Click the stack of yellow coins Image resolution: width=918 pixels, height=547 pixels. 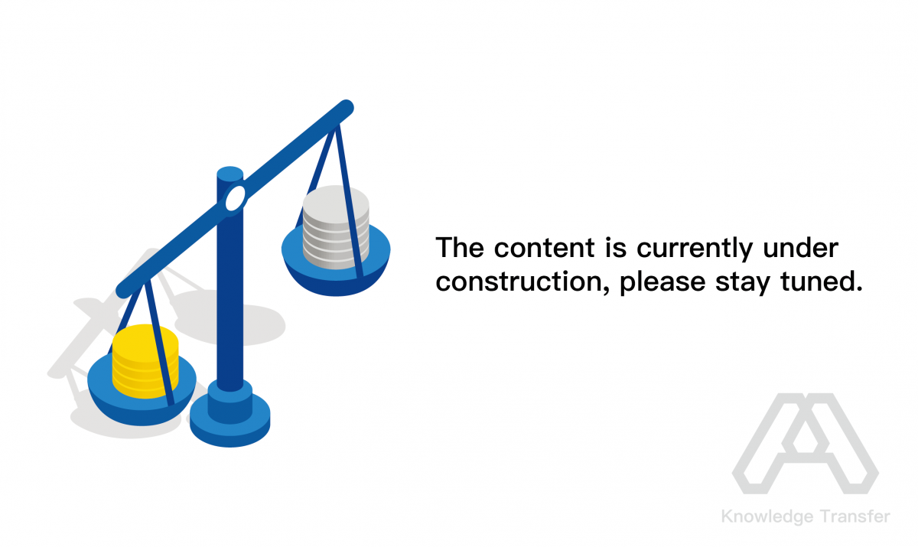pos(145,361)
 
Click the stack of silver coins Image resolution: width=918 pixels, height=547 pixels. pos(336,227)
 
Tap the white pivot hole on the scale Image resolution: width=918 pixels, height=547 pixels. pos(236,198)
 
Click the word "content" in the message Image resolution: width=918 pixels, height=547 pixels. pos(544,248)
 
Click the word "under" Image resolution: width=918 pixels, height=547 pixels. pos(800,248)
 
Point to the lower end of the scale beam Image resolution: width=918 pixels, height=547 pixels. pos(124,290)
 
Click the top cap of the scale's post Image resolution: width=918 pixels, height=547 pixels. pos(230,174)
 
